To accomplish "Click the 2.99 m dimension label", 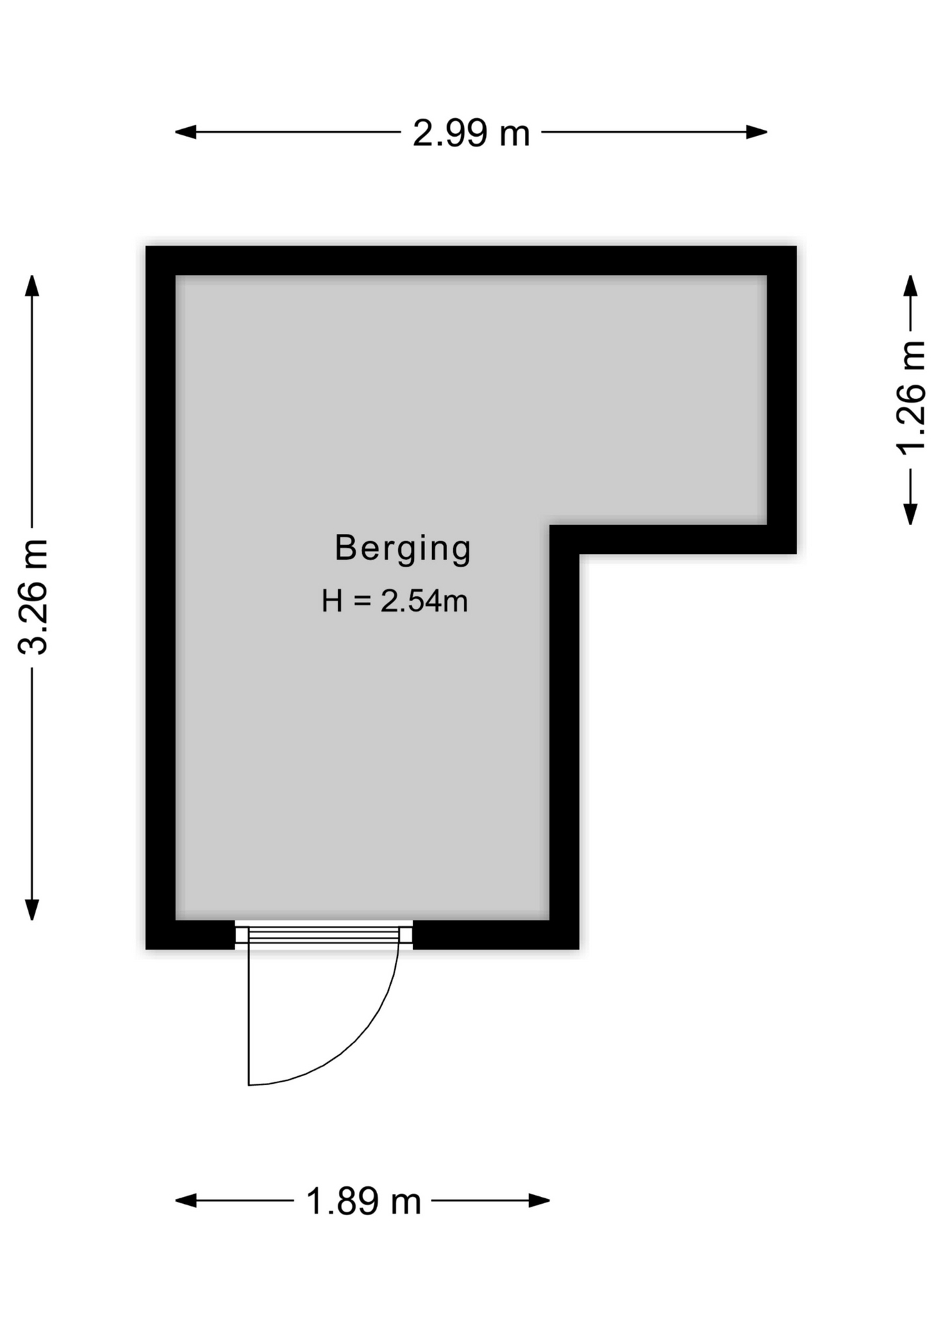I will (471, 133).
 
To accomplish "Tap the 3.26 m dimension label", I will (33, 596).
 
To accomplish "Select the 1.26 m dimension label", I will (911, 398).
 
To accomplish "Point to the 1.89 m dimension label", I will (363, 1201).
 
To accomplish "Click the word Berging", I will (403, 548).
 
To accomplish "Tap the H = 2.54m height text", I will (394, 601).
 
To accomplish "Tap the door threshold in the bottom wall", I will (324, 934).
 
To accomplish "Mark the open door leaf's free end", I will (249, 1084).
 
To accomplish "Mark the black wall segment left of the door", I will (190, 934).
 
